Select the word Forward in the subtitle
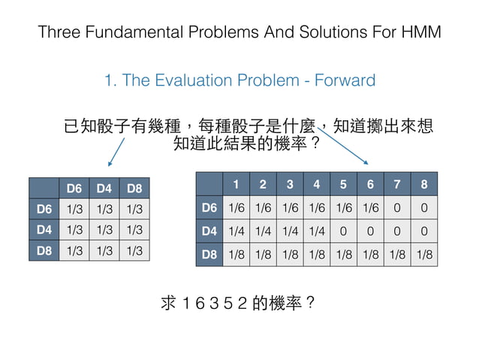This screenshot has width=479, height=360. click(x=342, y=80)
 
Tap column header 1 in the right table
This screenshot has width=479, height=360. click(x=236, y=183)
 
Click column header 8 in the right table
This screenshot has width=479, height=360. click(x=425, y=183)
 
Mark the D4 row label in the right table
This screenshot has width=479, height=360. click(x=209, y=231)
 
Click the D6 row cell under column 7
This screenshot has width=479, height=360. click(x=398, y=207)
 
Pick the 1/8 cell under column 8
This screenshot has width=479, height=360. click(x=425, y=255)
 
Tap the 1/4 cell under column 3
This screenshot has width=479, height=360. click(x=290, y=231)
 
